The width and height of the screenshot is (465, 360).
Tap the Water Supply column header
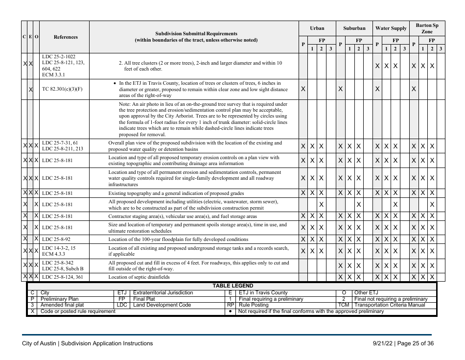[391, 29]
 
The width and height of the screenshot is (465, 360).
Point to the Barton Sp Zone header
[427, 28]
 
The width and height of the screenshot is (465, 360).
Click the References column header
[65, 37]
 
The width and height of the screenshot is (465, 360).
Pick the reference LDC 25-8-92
[56, 239]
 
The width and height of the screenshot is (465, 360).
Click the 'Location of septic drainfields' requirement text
[139, 277]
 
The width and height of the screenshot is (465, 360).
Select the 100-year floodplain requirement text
[178, 239]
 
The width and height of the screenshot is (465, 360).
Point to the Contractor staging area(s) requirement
[182, 216]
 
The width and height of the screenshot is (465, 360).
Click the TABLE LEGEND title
[232, 286]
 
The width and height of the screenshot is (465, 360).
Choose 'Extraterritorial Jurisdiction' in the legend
[163, 293]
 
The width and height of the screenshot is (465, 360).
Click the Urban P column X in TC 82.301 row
[303, 89]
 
